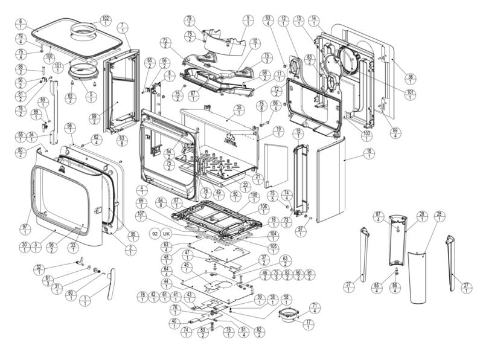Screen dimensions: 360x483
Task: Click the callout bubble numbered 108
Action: tap(254, 198)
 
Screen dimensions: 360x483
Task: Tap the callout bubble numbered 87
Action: tap(379, 218)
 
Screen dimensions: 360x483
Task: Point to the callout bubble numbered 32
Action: tap(39, 270)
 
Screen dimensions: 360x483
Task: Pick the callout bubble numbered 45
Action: tap(187, 268)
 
